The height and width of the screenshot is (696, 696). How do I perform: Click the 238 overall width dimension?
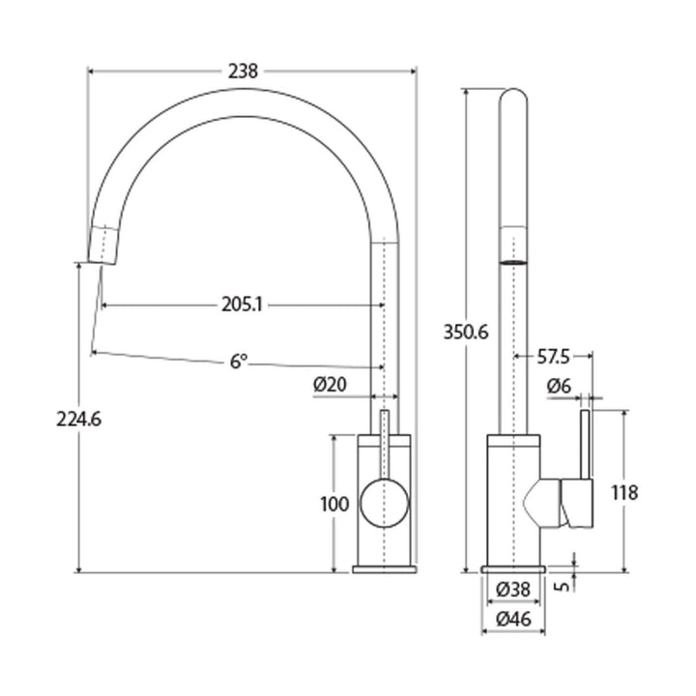pos(245,71)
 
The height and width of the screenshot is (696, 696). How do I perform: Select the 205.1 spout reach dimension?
pos(242,304)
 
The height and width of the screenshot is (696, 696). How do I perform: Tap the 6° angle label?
pos(239,362)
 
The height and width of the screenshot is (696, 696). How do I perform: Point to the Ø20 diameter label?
pos(330,384)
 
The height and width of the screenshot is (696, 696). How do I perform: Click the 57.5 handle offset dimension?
pos(552,356)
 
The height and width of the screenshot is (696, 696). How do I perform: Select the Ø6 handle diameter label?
pos(559,386)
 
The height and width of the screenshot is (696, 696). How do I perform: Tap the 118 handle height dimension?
pos(624,492)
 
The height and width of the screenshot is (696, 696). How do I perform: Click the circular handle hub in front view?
pos(384,504)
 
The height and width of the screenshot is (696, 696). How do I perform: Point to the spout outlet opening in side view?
pos(514,259)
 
